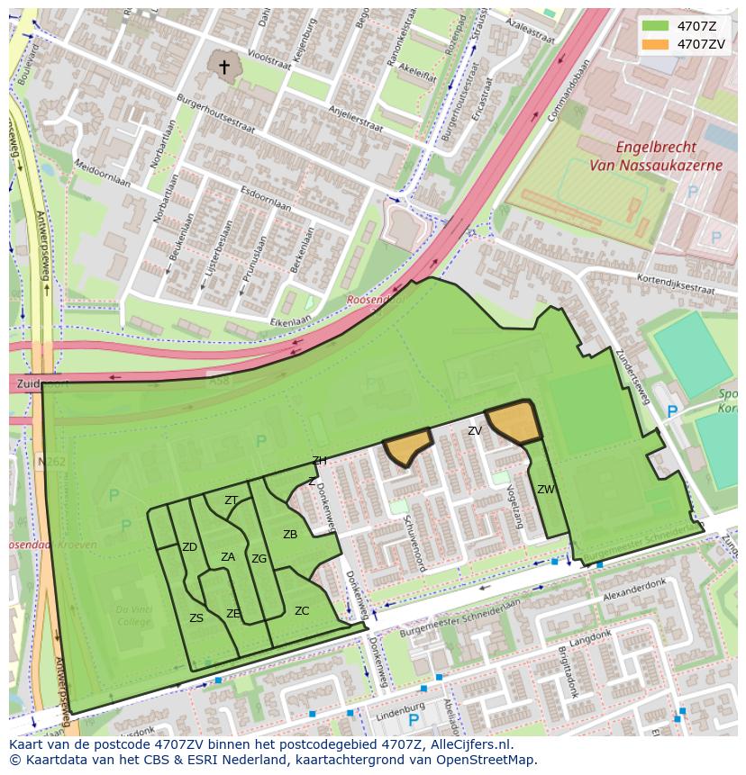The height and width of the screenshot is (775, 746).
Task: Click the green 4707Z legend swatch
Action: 655,25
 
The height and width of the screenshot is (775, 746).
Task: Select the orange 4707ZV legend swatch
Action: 655,43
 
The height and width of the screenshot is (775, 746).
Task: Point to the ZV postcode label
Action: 475,431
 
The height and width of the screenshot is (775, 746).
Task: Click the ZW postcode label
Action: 546,490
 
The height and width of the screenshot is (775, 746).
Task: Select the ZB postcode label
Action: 290,535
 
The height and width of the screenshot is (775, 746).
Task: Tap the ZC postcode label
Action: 302,611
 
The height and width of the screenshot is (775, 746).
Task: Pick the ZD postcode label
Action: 189,547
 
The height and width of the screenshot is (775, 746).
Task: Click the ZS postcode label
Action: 196,618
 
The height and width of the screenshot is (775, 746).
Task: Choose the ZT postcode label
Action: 232,500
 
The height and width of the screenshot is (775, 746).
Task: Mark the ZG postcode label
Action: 259,559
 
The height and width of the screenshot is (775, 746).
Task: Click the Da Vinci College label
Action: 133,616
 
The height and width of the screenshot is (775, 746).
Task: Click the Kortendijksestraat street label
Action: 675,284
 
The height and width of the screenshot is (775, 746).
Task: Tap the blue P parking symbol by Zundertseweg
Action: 671,411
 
